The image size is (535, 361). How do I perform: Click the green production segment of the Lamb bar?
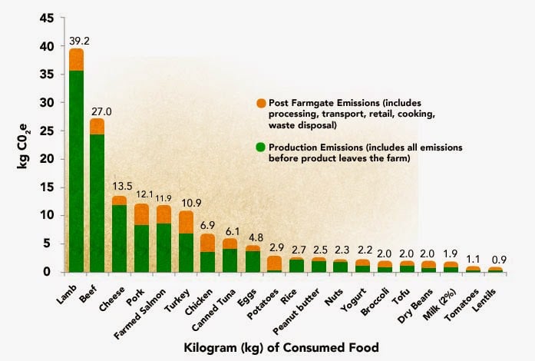click(76, 169)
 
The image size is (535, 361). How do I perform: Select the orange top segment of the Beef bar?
click(97, 127)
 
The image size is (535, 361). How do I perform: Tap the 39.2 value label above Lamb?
click(76, 41)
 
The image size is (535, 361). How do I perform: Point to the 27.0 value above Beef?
click(98, 111)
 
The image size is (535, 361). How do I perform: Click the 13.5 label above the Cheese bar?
click(120, 187)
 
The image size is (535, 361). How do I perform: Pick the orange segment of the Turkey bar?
click(187, 222)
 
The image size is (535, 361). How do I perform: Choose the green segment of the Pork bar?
click(142, 247)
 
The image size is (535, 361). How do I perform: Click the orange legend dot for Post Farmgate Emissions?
click(262, 103)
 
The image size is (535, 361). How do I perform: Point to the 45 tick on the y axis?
click(48, 18)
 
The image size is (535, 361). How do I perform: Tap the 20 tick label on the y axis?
click(48, 159)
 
